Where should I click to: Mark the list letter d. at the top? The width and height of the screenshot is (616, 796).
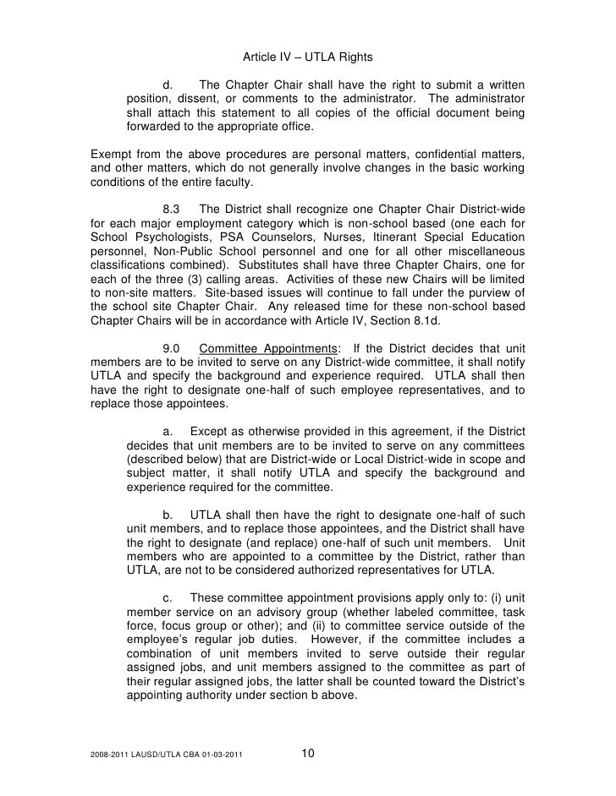(x=168, y=85)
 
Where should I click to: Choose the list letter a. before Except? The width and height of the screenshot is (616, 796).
(x=168, y=431)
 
